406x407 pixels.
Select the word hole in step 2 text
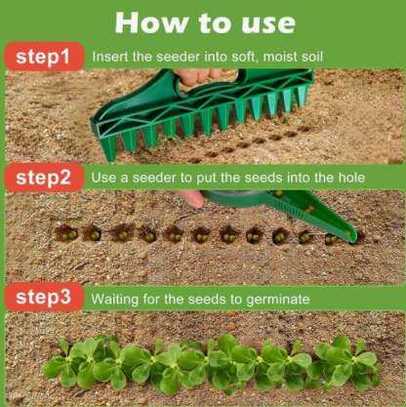pyautogui.click(x=348, y=178)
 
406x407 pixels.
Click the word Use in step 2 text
pyautogui.click(x=105, y=178)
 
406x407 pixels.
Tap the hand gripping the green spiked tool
pyautogui.click(x=200, y=74)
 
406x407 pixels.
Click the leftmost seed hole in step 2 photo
pyautogui.click(x=65, y=232)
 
